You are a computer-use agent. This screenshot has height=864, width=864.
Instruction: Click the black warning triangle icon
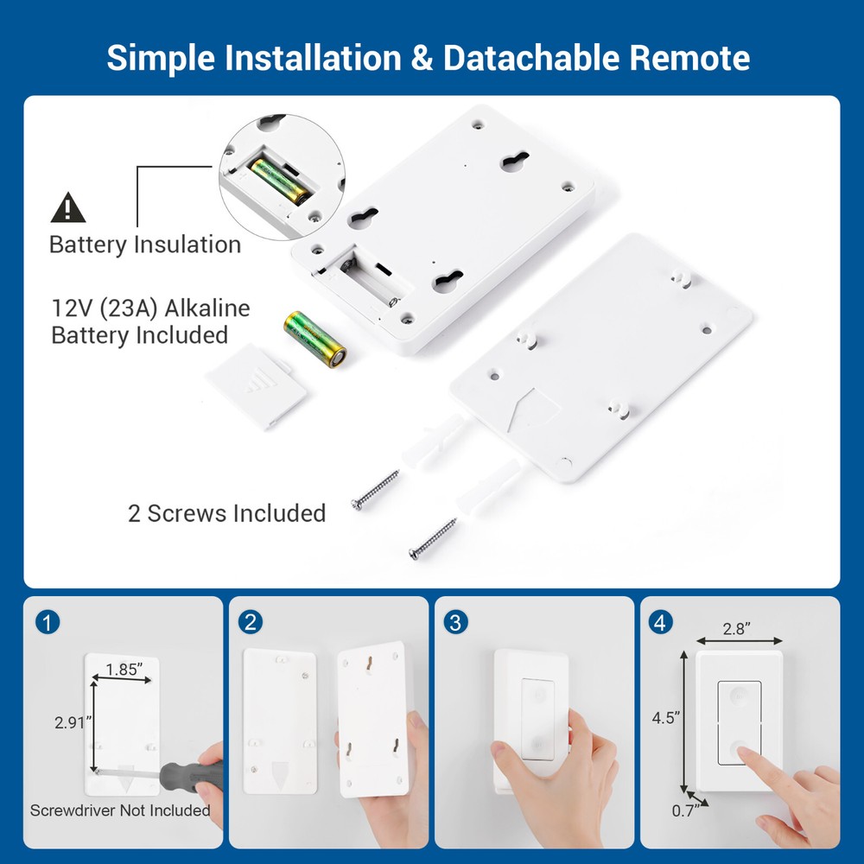pos(68,207)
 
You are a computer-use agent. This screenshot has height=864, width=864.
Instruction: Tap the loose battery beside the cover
pos(315,339)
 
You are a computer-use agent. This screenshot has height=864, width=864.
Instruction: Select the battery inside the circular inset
pos(281,179)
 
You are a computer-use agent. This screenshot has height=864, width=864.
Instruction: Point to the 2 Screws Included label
pos(226,513)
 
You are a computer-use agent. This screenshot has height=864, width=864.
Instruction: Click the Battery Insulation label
pos(145,245)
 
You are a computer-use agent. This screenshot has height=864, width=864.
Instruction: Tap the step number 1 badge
pos(49,622)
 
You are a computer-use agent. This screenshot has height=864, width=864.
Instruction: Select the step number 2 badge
pos(251,622)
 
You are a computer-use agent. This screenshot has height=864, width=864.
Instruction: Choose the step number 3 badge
pos(455,622)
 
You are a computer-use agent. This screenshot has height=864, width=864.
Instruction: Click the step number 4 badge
pos(660,622)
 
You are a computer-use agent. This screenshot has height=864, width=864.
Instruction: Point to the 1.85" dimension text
pos(126,668)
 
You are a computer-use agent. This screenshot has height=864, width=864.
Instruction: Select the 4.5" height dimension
pos(666,717)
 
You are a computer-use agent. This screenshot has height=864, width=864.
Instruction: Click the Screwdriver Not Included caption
pos(120,810)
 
